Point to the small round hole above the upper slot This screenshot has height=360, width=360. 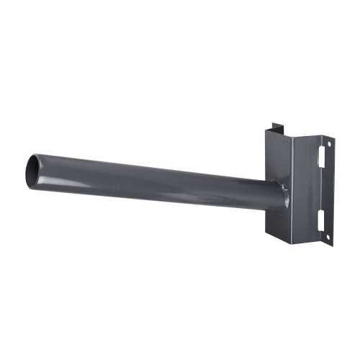pyautogui.click(x=328, y=144)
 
